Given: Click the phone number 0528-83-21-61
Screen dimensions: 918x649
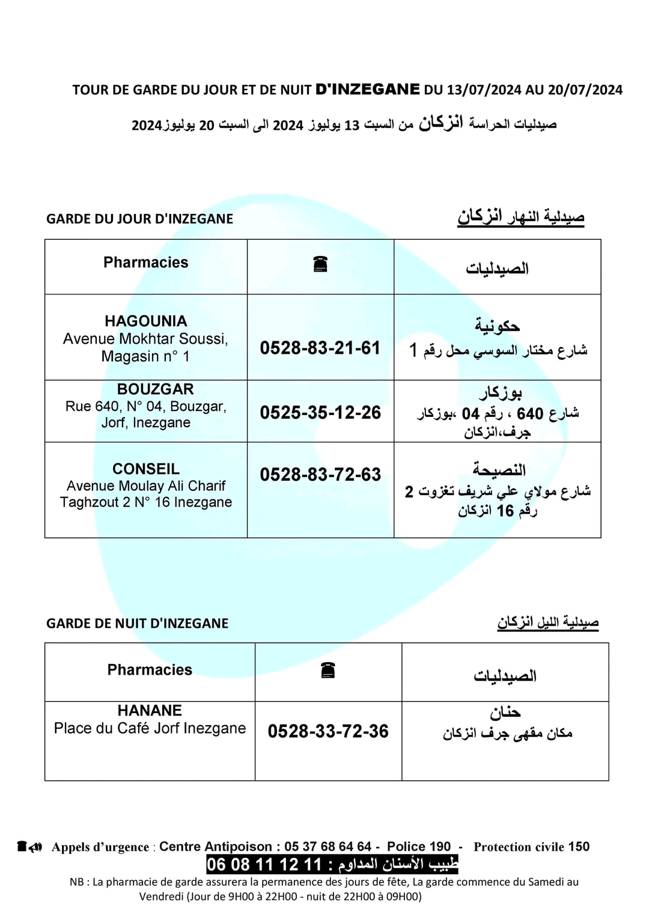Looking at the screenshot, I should pos(320,348).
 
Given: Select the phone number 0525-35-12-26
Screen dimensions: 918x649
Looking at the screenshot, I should pos(320,413).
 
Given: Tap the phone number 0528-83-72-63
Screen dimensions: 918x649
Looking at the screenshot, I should pos(320,475).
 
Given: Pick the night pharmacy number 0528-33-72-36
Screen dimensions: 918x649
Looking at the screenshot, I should pos(328,731).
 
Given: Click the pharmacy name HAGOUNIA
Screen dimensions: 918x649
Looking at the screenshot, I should pos(146,321).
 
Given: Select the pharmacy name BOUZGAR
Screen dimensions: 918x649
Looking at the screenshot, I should pos(147,389).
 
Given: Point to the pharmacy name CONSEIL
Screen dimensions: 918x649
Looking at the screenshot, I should pos(146,469).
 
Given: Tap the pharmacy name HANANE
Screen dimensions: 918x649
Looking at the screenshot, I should pos(150,710).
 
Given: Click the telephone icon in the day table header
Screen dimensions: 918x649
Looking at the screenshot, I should pos(320,264).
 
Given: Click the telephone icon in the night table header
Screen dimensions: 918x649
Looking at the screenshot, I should pos(328,670).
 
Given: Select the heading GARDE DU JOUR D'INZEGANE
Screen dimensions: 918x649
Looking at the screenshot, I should pos(139,219).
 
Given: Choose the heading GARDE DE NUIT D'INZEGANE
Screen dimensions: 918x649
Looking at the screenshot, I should pos(137,624).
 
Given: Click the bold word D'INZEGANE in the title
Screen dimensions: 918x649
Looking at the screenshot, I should pos(368,90).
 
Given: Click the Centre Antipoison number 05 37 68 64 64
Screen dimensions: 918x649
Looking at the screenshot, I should pos(328,847).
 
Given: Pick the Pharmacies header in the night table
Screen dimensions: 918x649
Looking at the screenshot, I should pos(150,670).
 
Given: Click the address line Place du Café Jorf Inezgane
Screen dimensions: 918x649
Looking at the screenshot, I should pos(150,728).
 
